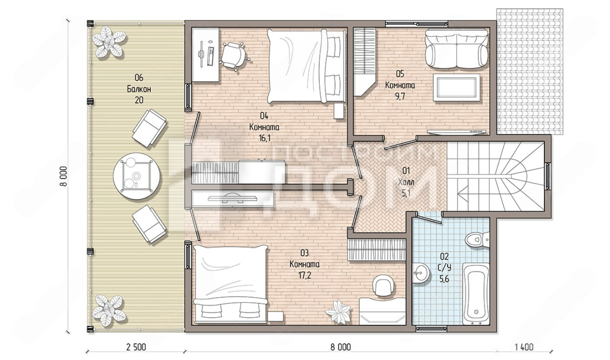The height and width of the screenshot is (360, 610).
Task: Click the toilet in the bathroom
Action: (x=477, y=240)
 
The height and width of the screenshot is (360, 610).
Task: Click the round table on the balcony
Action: (x=136, y=176)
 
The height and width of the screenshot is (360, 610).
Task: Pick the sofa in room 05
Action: (x=456, y=48)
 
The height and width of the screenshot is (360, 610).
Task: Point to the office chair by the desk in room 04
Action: (x=234, y=55)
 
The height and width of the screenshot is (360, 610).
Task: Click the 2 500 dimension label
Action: (x=136, y=347)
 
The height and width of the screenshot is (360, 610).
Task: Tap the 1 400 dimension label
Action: (x=524, y=347)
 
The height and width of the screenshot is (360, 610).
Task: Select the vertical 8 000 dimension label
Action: (x=63, y=176)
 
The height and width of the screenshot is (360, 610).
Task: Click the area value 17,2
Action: (x=304, y=275)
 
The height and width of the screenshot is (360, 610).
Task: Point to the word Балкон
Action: (x=139, y=89)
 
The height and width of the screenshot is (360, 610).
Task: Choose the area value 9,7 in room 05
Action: (x=400, y=96)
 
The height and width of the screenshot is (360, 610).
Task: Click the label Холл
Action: (x=406, y=182)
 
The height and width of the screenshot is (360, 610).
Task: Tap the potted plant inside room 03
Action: (x=338, y=312)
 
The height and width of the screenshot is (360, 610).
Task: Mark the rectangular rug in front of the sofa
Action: (x=456, y=87)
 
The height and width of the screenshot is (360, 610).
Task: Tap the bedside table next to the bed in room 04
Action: (x=338, y=111)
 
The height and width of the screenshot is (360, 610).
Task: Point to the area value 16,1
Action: (x=264, y=138)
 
